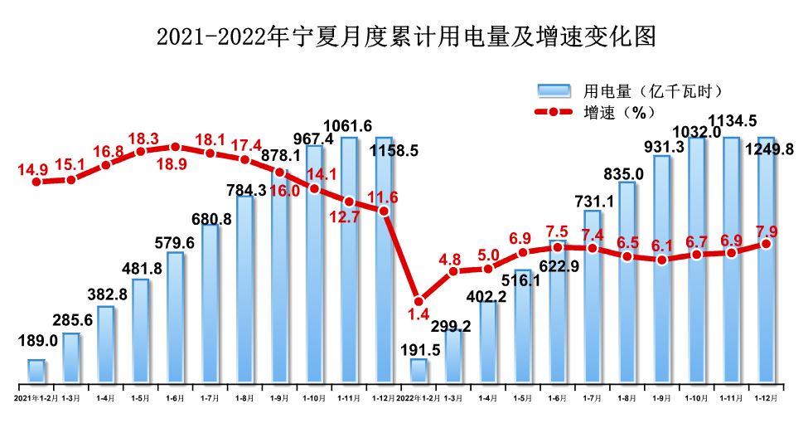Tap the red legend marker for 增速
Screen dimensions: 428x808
coord(554,112)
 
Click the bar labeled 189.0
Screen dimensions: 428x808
coord(36,371)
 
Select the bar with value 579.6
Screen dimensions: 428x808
coord(176,318)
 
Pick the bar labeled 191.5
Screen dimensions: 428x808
coord(419,371)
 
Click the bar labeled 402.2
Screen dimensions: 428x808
coord(489,342)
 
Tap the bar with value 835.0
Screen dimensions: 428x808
coord(627,282)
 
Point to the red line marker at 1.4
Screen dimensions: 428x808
coord(419,301)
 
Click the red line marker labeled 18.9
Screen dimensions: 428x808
coord(176,147)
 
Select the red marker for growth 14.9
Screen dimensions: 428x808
coord(36,180)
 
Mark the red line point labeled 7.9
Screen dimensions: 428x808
coord(767,243)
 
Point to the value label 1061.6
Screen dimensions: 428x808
coord(348,126)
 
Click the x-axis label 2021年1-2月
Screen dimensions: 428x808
coord(36,398)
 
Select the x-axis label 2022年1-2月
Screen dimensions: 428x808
coord(419,398)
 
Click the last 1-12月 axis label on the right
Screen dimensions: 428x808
coord(767,398)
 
